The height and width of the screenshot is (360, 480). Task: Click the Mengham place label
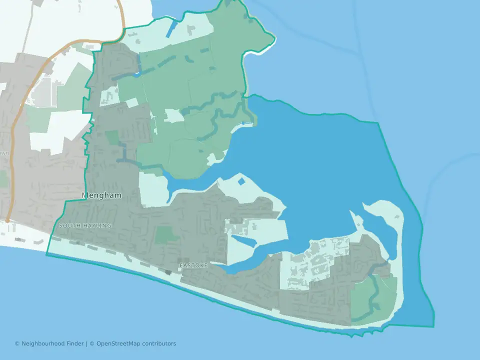(101, 195)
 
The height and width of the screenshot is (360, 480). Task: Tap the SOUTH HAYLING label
(85, 226)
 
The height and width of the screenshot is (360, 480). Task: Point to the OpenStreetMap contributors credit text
(136, 343)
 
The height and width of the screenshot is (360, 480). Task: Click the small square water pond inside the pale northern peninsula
(242, 181)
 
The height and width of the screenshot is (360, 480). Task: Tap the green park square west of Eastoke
(166, 235)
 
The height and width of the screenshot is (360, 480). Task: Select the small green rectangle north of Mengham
(112, 138)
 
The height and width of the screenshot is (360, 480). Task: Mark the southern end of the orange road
(7, 220)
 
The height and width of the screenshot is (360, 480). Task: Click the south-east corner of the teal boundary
(433, 326)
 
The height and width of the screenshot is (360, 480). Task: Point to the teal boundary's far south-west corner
(47, 254)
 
